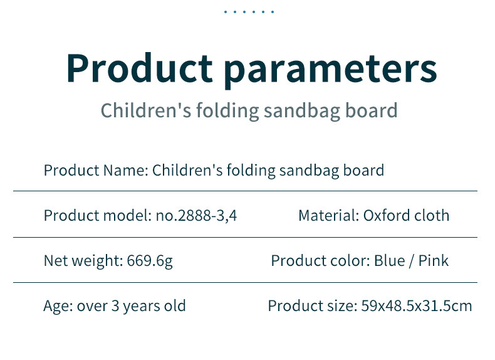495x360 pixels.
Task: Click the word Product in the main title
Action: coord(140,68)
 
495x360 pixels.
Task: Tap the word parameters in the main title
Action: coord(331,71)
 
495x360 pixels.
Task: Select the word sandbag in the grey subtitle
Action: coord(302,110)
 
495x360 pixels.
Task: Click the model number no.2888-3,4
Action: coord(196,216)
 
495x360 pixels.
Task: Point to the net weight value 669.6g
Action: coord(150,261)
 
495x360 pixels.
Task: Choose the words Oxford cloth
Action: coord(406,216)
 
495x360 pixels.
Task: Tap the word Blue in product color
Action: coord(389,261)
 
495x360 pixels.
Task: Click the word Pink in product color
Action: coord(433,261)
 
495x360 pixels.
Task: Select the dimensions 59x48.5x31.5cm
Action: coord(417,306)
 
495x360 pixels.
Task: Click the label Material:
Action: coord(329,216)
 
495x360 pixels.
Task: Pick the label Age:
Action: coord(58,306)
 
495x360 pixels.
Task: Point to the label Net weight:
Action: coord(83,261)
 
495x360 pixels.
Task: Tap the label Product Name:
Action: coord(96,171)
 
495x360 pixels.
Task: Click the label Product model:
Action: coord(98,216)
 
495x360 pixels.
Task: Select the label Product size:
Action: coord(313,306)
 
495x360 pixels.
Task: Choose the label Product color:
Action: coord(320,261)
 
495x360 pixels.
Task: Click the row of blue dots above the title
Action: coord(249,12)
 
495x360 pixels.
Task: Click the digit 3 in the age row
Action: coord(115,306)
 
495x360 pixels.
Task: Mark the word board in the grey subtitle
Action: coord(371,110)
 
